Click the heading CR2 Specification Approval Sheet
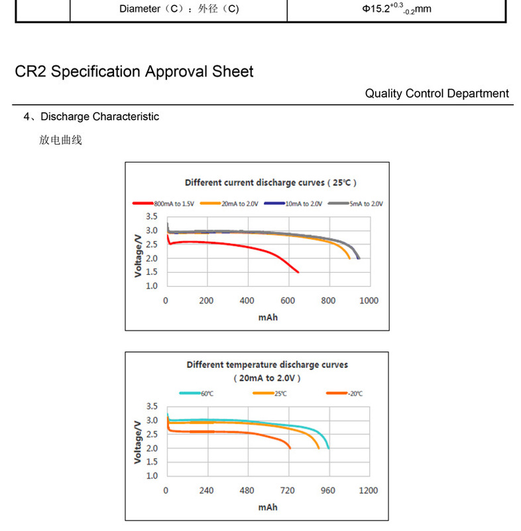134,72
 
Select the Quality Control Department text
437,94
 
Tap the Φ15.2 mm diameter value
397,9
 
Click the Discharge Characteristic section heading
99,117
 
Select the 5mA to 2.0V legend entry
367,204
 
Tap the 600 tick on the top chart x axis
288,301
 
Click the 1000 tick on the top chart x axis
369,301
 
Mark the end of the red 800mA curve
298,272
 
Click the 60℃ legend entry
206,394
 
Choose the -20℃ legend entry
354,394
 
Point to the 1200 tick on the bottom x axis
369,491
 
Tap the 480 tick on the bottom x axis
247,491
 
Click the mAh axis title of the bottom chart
268,507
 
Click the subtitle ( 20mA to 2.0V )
267,378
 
